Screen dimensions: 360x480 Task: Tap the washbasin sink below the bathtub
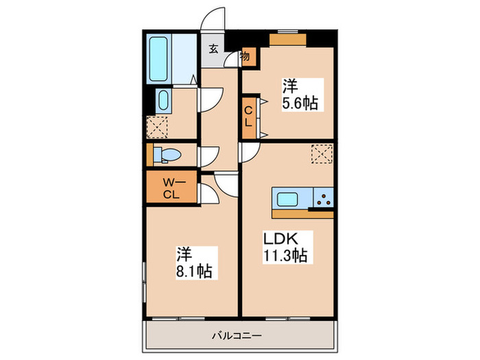163,101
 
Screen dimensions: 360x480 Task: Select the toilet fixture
165,155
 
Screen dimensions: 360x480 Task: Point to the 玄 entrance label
213,49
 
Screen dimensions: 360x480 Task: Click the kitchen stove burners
322,200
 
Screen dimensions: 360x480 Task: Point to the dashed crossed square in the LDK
321,154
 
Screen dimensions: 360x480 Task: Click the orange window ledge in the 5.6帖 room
283,39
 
